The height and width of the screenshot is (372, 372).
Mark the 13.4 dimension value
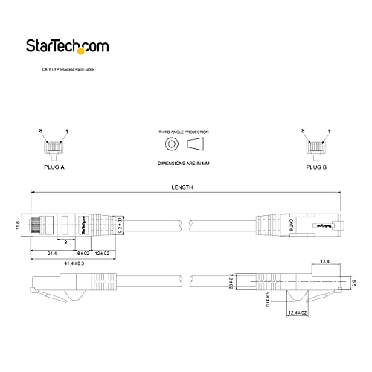pyautogui.click(x=324, y=261)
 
